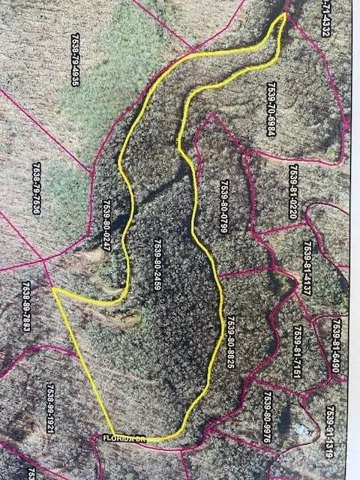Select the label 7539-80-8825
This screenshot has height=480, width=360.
pyautogui.click(x=230, y=341)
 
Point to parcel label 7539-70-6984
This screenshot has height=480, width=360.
pyautogui.click(x=271, y=109)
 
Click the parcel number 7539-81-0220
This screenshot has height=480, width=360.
pyautogui.click(x=293, y=191)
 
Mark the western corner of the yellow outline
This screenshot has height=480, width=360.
pyautogui.click(x=53, y=288)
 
